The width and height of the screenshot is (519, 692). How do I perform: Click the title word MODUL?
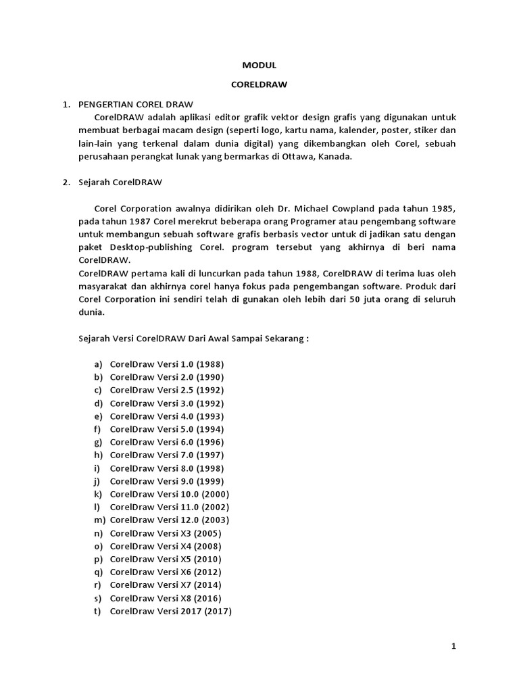pos(259,66)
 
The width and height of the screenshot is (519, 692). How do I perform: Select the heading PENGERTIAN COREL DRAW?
pos(136,104)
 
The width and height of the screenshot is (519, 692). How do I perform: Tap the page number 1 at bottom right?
pos(454,647)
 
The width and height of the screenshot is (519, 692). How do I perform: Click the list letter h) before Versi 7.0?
pos(98,455)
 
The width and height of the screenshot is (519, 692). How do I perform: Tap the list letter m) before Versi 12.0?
pos(99,520)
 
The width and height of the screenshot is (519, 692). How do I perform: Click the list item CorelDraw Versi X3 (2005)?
pos(166,533)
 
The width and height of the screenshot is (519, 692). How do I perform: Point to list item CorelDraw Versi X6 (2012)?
pos(166,572)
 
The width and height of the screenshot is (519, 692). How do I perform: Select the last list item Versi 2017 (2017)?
pos(170,611)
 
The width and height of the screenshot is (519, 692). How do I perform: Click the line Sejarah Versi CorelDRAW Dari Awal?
pos(193,339)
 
